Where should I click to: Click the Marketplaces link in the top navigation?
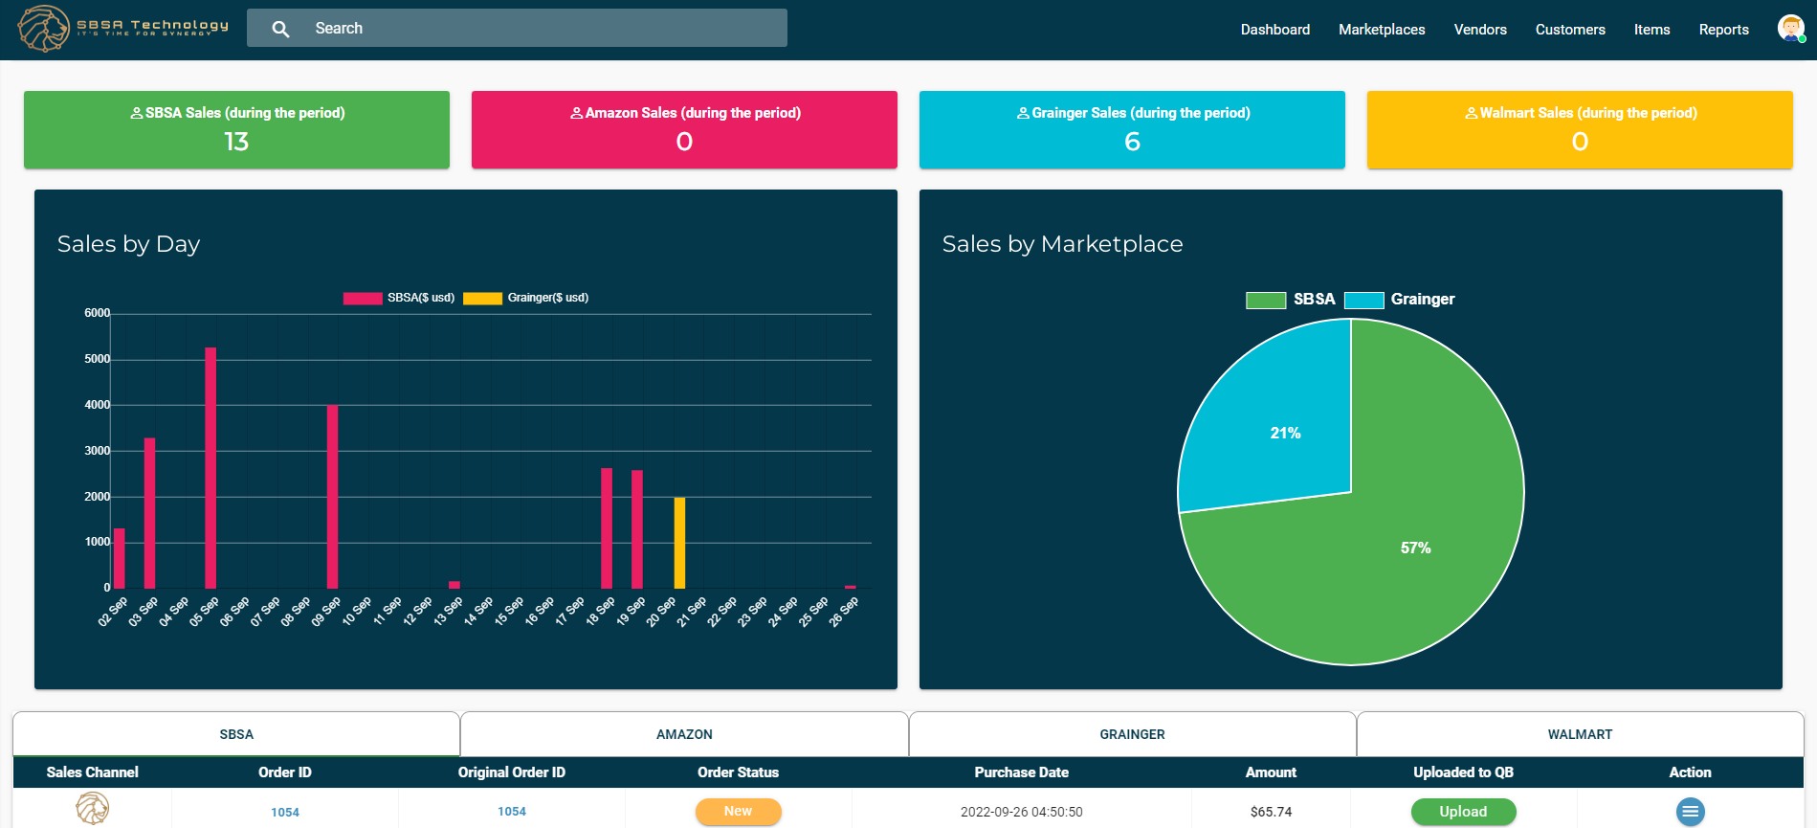[x=1381, y=30]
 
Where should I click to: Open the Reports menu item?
[x=1723, y=30]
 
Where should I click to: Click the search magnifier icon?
[x=280, y=29]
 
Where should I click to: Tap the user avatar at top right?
[x=1790, y=28]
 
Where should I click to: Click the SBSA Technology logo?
[x=122, y=28]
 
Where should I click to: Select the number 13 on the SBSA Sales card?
[x=236, y=142]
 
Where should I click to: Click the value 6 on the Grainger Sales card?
[x=1132, y=142]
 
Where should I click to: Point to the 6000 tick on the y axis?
[x=97, y=313]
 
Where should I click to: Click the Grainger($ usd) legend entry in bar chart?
[x=526, y=298]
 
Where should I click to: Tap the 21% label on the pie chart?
[x=1285, y=433]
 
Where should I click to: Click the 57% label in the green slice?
[x=1415, y=548]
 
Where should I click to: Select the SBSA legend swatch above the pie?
[x=1265, y=300]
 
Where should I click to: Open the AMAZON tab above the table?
[x=684, y=734]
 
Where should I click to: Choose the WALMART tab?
[x=1580, y=734]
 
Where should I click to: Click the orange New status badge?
[x=738, y=811]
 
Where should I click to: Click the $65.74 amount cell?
[x=1271, y=812]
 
